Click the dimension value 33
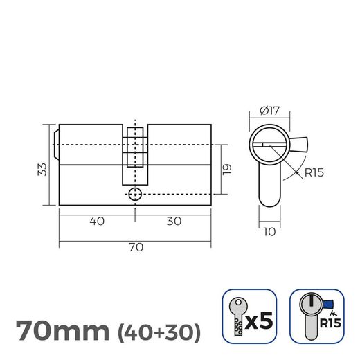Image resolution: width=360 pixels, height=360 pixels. coord(42,169)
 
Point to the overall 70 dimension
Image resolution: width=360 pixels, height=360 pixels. coord(135,247)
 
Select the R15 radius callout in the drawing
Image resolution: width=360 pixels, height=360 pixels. coord(314,172)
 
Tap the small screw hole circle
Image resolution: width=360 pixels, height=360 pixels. coord(136,194)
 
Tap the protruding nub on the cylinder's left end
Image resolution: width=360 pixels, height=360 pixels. coord(55,143)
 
